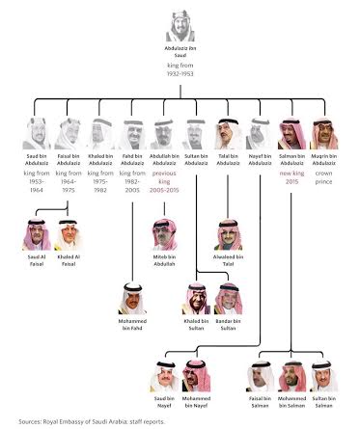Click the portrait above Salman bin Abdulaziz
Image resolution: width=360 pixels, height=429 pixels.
(x=291, y=132)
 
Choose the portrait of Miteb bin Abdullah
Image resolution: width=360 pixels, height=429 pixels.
(x=164, y=234)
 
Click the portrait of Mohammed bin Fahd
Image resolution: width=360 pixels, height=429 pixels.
(x=133, y=300)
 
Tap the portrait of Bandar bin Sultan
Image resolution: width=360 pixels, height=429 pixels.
(x=228, y=300)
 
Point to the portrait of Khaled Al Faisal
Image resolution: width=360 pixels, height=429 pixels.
(x=69, y=234)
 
